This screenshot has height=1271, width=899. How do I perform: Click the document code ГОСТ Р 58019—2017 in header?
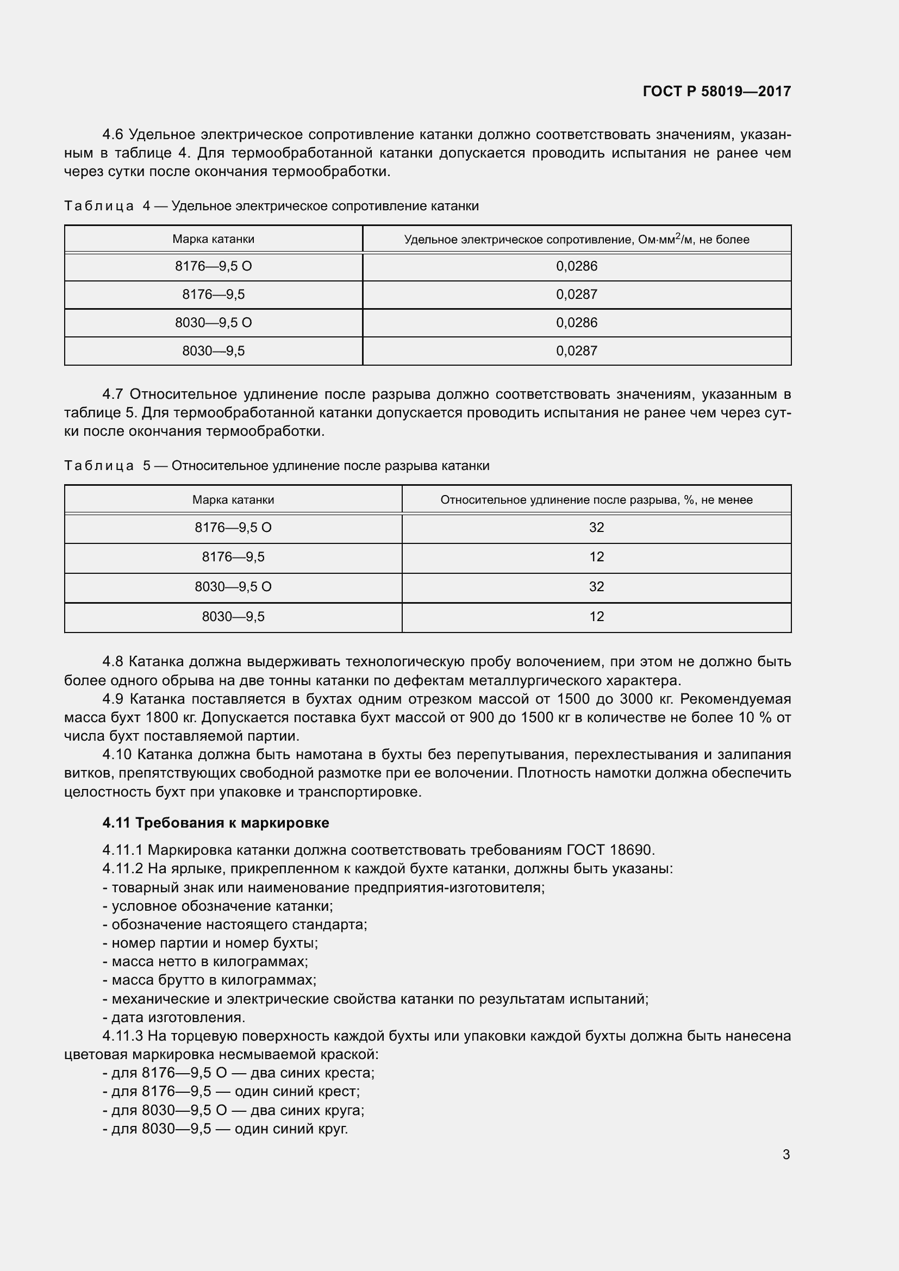(x=716, y=91)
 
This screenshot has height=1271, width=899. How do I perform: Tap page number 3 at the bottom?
(x=786, y=1154)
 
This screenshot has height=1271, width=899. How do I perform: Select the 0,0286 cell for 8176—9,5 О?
(x=576, y=266)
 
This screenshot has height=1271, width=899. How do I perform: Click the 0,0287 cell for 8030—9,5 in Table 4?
(x=576, y=351)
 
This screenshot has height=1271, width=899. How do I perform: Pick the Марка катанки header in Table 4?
(x=213, y=239)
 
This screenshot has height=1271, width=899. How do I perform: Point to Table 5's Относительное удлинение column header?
(x=596, y=500)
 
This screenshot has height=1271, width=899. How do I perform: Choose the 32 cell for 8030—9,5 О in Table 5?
(x=596, y=587)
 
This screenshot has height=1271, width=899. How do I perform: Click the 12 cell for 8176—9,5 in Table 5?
(x=596, y=557)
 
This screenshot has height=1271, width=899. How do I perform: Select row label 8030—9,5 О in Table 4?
(x=213, y=323)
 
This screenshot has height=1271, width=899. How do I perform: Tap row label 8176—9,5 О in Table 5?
(x=233, y=528)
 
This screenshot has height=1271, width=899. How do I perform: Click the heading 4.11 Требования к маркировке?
(x=215, y=823)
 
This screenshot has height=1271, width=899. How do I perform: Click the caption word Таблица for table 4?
(x=98, y=206)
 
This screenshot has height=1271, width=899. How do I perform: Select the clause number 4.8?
(x=114, y=661)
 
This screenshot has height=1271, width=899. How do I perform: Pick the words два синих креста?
(x=312, y=1073)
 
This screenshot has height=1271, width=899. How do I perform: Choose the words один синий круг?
(x=291, y=1129)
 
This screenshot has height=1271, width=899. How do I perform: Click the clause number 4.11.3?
(x=122, y=1036)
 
